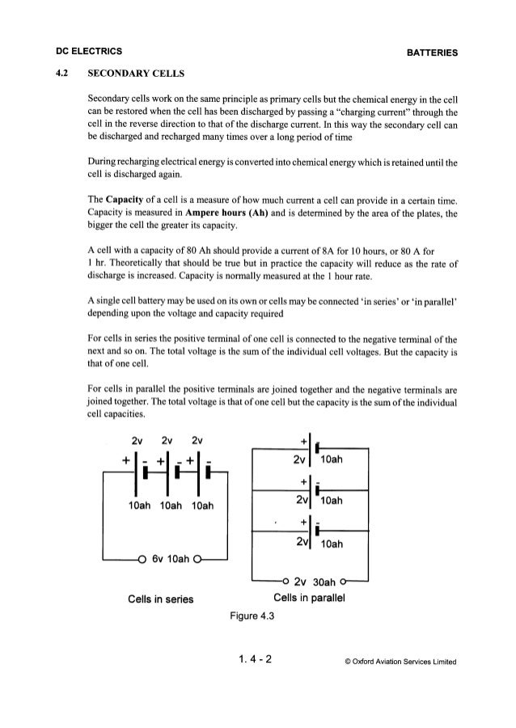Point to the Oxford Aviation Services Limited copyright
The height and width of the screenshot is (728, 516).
[402, 660]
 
